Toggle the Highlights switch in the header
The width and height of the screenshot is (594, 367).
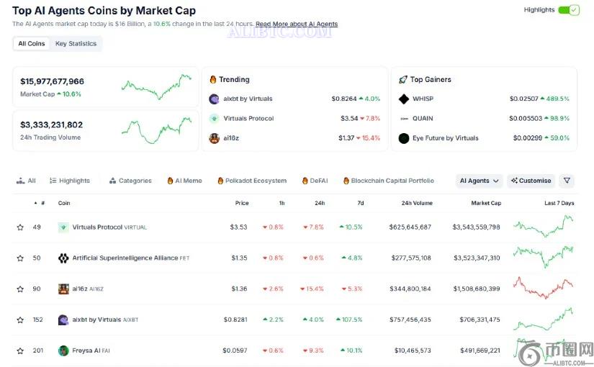(x=569, y=10)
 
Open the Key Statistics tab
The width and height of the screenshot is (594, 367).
(x=76, y=44)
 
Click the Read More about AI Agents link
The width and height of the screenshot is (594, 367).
(x=297, y=24)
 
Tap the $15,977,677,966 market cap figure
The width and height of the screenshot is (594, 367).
(x=53, y=81)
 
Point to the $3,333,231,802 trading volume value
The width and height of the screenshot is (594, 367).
(x=52, y=124)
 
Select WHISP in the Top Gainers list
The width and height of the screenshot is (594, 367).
(x=423, y=99)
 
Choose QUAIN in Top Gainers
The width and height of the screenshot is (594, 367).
(x=423, y=119)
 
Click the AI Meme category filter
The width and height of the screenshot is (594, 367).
(x=185, y=181)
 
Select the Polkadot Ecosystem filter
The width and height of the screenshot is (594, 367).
(x=252, y=181)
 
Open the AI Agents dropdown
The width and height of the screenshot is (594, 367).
(x=480, y=181)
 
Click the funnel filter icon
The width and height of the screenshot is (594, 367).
(x=567, y=181)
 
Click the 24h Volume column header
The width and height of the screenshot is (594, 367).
(x=417, y=203)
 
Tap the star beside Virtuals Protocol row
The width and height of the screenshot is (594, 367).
(x=20, y=227)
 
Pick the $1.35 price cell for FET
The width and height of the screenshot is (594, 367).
(x=240, y=258)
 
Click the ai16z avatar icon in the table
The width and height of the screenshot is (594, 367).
(x=63, y=289)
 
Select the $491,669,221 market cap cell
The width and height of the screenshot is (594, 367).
(x=480, y=350)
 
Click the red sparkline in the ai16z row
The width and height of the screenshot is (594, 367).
(x=543, y=288)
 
